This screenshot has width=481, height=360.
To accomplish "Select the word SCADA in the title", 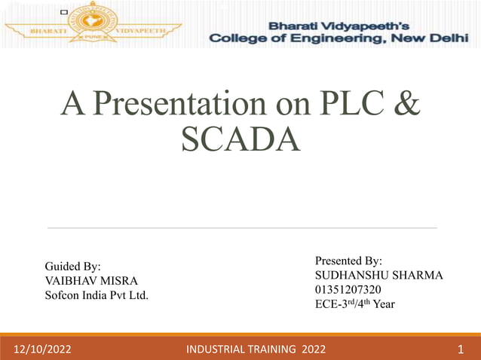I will click(x=240, y=139).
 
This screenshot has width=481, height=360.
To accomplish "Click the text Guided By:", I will click(x=73, y=266).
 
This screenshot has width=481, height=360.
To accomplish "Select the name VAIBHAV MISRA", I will click(x=91, y=280).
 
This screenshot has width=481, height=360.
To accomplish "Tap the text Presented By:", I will click(x=348, y=261).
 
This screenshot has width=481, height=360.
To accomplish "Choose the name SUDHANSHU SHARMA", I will click(x=378, y=275).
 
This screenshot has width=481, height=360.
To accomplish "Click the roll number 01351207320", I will click(x=348, y=290).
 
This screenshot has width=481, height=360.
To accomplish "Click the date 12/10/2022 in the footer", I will click(x=42, y=349).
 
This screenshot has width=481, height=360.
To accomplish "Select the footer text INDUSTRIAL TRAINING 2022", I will click(x=256, y=349).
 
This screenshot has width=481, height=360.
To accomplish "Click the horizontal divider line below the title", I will click(x=241, y=227).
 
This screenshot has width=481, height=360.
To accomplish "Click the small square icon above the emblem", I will click(x=63, y=13).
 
